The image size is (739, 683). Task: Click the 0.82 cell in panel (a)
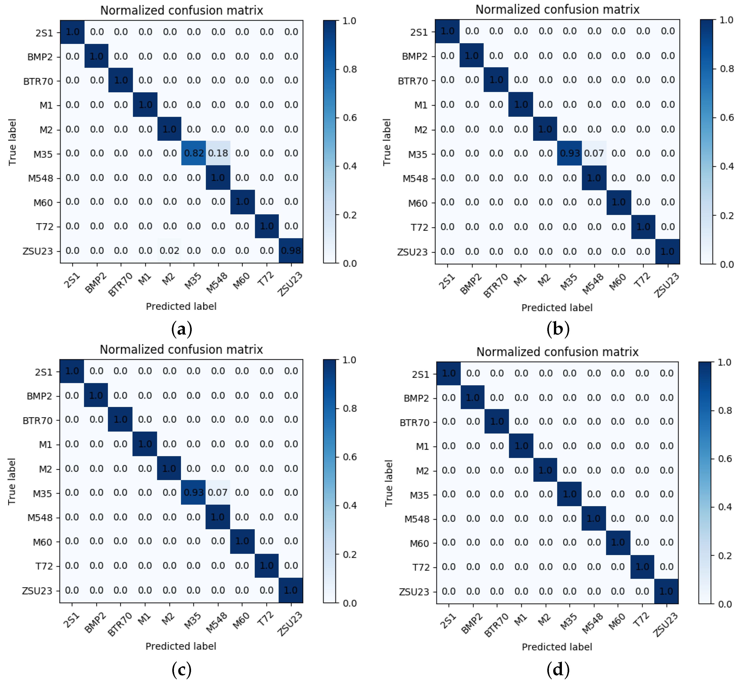pos(194,153)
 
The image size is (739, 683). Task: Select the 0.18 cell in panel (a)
pos(218,153)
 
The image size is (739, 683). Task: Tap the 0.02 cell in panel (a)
pos(170,251)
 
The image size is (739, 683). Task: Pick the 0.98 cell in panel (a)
pos(291,251)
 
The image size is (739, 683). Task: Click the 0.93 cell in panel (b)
pos(570,153)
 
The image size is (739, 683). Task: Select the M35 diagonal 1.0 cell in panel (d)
pos(569,494)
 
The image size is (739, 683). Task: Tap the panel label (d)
pos(558,669)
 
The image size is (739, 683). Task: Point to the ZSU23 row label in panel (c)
pos(37,591)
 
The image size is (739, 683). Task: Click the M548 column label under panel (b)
pos(593,284)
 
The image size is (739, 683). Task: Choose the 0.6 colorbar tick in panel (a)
pos(350,117)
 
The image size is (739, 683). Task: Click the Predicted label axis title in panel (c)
pos(181,646)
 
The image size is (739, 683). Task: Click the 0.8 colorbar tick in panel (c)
pos(350,408)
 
